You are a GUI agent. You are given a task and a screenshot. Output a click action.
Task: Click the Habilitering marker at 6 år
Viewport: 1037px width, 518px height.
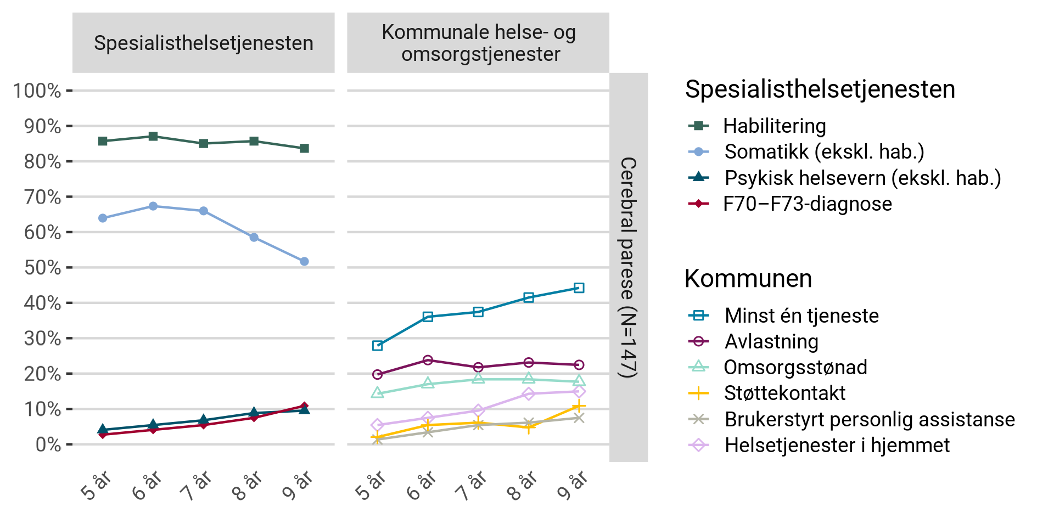[153, 136]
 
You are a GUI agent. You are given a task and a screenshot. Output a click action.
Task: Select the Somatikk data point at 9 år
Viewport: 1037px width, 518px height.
[304, 262]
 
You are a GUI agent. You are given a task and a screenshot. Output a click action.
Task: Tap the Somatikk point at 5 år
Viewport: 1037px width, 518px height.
[103, 218]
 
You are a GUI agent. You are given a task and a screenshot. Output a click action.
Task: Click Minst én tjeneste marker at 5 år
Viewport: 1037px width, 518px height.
[377, 346]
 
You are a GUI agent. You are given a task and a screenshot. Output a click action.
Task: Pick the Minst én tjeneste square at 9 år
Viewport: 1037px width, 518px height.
[579, 288]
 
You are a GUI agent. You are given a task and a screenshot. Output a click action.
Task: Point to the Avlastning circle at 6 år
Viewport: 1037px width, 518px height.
[428, 360]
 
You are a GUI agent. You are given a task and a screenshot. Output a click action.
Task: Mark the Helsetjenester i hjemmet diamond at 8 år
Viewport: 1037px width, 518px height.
[528, 394]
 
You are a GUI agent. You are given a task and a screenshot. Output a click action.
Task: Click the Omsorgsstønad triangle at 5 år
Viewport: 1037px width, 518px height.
[377, 393]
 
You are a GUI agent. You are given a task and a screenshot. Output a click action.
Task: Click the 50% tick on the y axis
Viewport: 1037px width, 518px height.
[69, 267]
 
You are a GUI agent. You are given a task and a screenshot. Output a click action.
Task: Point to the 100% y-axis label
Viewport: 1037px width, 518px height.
[37, 91]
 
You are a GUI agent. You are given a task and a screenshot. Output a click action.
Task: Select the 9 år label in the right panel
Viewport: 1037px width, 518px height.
[573, 486]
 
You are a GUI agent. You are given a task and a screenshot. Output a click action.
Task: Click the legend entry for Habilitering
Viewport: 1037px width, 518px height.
[774, 126]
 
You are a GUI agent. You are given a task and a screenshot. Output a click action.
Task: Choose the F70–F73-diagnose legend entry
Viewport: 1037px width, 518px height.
[807, 204]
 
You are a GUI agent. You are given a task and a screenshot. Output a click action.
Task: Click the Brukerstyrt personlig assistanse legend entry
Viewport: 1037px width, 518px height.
[869, 419]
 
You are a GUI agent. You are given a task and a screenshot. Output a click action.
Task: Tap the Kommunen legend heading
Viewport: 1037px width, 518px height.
[748, 279]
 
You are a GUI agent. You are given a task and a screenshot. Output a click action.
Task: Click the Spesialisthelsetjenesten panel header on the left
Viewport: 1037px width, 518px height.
[203, 43]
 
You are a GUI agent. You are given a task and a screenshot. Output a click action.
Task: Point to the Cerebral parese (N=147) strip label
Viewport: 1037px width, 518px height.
[629, 267]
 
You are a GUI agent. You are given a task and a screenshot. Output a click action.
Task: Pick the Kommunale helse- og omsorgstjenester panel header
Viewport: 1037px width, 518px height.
[478, 43]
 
